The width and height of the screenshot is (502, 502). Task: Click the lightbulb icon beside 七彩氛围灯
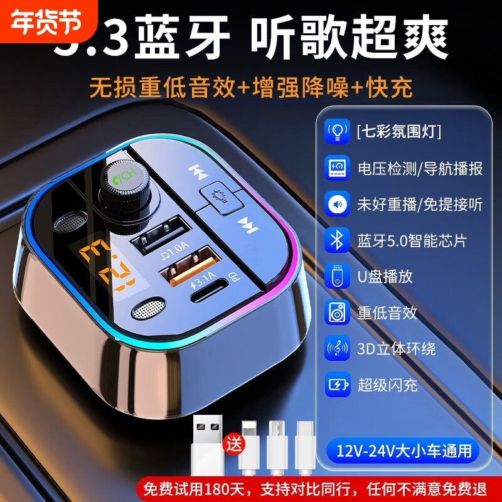point(337,132)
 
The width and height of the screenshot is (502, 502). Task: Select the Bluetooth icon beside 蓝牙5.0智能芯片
point(337,240)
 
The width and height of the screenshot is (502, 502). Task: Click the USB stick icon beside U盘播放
point(337,276)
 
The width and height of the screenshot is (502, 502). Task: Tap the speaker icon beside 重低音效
point(337,312)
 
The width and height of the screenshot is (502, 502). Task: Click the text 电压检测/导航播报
point(420,168)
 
